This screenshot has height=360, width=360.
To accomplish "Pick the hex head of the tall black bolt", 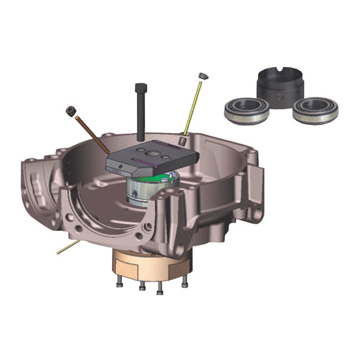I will [x=140, y=87].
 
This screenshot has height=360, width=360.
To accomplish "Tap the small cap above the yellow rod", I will [x=203, y=75].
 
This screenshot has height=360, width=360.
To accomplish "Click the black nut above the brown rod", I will [x=70, y=111].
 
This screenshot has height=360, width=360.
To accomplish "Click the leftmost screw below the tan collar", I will [x=119, y=284].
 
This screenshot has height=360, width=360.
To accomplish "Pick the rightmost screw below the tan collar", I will [x=184, y=282].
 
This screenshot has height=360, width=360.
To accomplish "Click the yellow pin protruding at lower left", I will [x=67, y=248].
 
